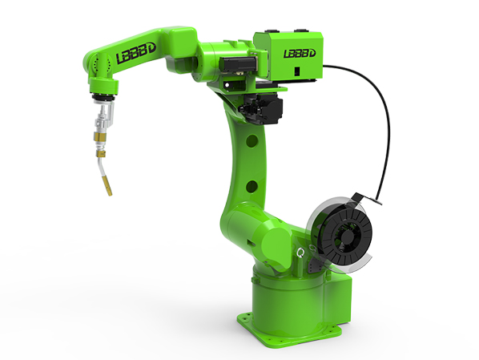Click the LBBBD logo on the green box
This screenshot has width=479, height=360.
[300, 54]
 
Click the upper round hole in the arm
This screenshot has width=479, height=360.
[252, 141]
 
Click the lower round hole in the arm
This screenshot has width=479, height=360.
[252, 186]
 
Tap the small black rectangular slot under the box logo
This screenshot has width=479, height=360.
[296, 71]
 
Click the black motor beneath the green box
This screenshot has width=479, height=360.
[261, 108]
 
